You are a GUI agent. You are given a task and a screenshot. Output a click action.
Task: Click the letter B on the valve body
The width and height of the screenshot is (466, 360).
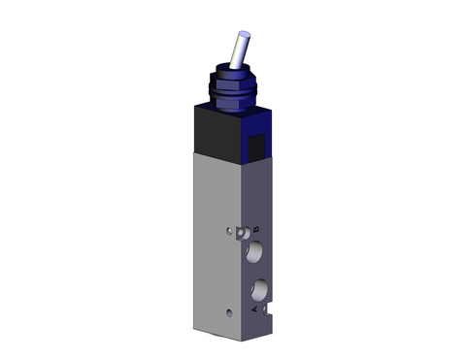tap(254, 228)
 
